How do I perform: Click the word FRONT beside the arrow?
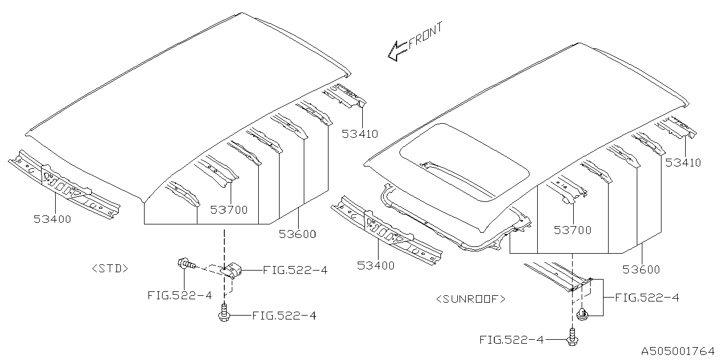[x=425, y=35]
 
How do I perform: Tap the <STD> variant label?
[x=110, y=269]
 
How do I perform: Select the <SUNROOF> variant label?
[x=471, y=299]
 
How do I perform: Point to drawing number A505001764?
[x=678, y=351]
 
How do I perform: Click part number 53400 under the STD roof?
[x=52, y=219]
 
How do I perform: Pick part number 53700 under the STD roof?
[x=229, y=210]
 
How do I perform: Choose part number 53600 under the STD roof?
[x=298, y=234]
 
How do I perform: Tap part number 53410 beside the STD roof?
[x=359, y=134]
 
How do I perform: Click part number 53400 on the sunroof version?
[x=376, y=265]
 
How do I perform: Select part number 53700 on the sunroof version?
[x=573, y=230]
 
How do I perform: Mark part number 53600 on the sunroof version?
[x=641, y=269]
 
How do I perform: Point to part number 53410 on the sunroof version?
[x=683, y=163]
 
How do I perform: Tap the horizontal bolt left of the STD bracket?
[x=186, y=264]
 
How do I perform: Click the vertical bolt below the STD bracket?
[x=224, y=313]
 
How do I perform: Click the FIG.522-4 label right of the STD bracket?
[x=295, y=271]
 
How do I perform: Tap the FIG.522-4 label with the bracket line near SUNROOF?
[x=647, y=298]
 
